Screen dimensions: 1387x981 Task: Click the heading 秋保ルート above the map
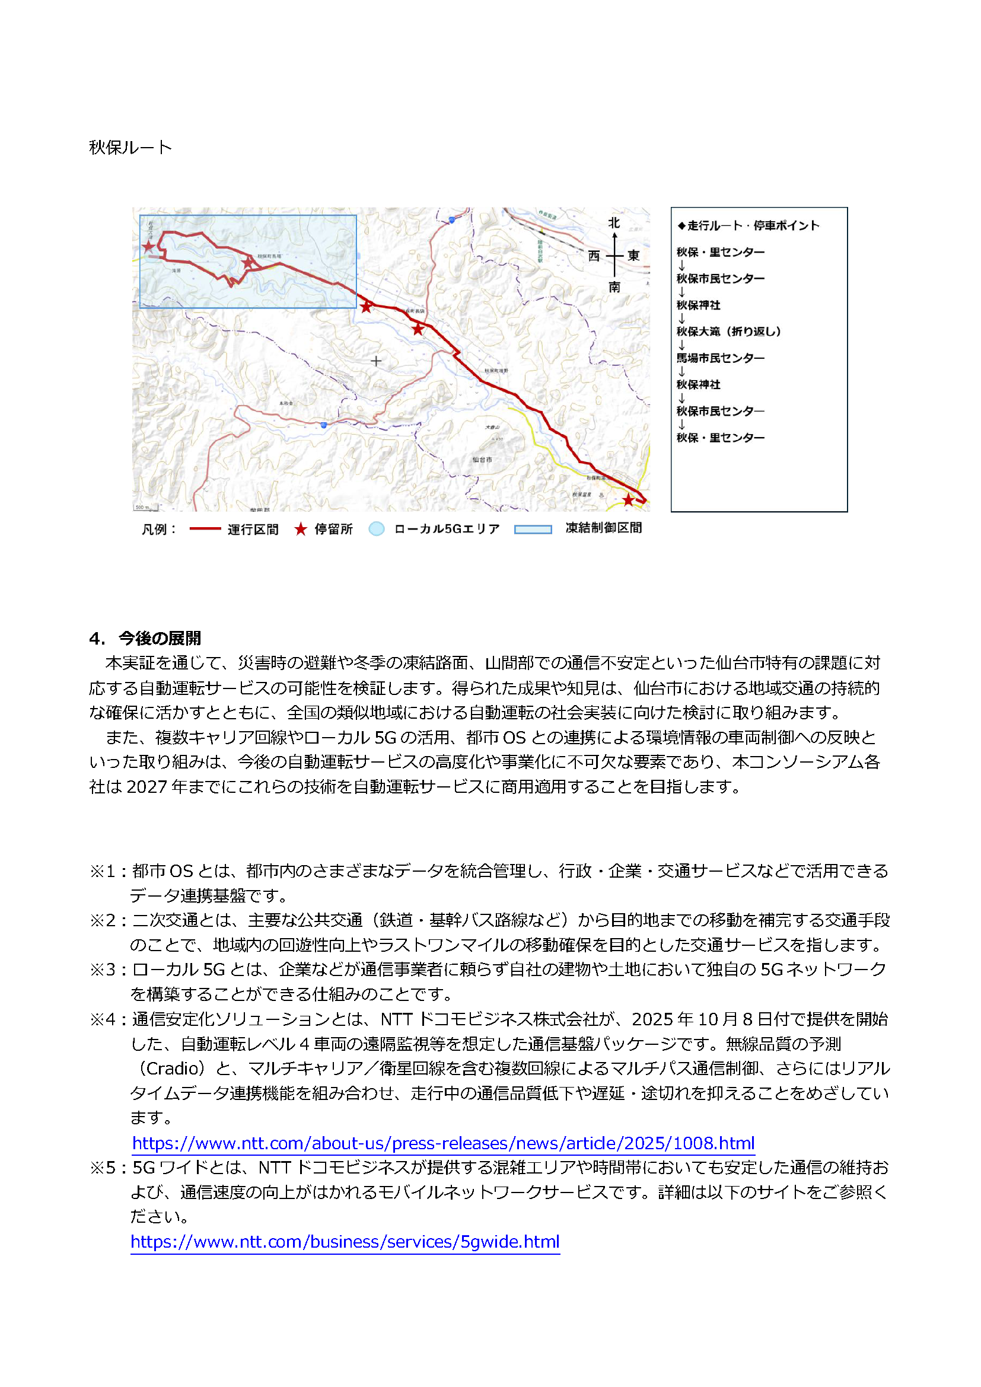click(x=130, y=148)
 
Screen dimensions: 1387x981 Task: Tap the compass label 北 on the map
click(x=614, y=223)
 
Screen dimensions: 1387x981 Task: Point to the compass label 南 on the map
click(x=614, y=287)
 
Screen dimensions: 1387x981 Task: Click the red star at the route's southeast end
click(x=628, y=499)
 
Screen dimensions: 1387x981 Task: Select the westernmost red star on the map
click(x=148, y=246)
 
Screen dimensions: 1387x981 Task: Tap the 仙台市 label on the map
click(x=482, y=460)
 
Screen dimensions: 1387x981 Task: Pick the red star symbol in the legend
click(x=300, y=529)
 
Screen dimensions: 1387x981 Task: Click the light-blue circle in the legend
click(x=377, y=529)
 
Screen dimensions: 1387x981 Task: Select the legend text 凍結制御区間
click(x=603, y=528)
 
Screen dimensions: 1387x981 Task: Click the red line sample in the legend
click(x=205, y=529)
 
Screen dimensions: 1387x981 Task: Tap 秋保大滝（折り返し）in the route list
click(x=728, y=331)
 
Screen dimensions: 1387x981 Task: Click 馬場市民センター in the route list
click(x=720, y=358)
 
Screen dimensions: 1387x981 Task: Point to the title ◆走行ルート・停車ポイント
click(x=749, y=226)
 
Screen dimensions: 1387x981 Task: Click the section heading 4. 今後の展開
click(x=145, y=638)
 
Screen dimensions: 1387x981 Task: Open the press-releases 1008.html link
click(x=443, y=1143)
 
